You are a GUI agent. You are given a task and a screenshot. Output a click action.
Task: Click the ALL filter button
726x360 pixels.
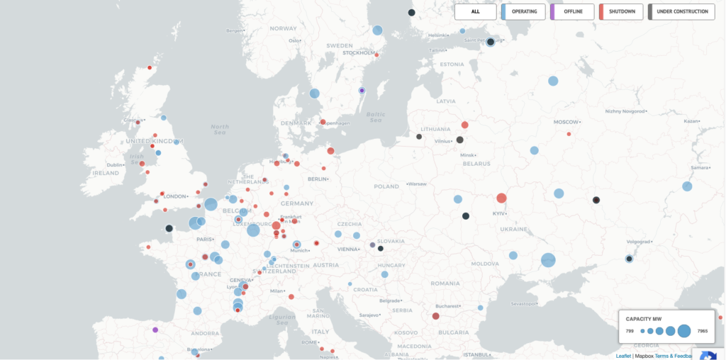click(475, 11)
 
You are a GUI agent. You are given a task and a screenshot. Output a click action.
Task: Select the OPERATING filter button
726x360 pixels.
click(523, 11)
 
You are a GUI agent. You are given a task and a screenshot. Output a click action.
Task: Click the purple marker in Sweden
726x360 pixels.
click(362, 91)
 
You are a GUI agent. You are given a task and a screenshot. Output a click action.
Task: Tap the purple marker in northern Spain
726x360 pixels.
click(155, 330)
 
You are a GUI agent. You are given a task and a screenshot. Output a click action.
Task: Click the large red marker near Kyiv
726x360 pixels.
click(501, 198)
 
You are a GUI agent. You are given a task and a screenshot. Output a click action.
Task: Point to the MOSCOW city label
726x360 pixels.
click(566, 122)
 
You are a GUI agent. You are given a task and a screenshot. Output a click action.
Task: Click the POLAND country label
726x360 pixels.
click(386, 186)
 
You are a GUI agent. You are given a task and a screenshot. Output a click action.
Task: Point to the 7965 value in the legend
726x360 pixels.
click(702, 331)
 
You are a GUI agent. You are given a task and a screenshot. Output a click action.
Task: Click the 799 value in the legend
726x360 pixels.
click(630, 331)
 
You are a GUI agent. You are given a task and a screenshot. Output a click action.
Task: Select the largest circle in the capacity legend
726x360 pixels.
click(683, 331)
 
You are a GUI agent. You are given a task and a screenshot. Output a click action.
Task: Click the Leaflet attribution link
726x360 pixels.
click(623, 356)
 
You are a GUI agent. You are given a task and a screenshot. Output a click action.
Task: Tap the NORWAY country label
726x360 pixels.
click(284, 28)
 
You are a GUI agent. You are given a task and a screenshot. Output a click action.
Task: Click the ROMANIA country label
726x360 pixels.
click(445, 283)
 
